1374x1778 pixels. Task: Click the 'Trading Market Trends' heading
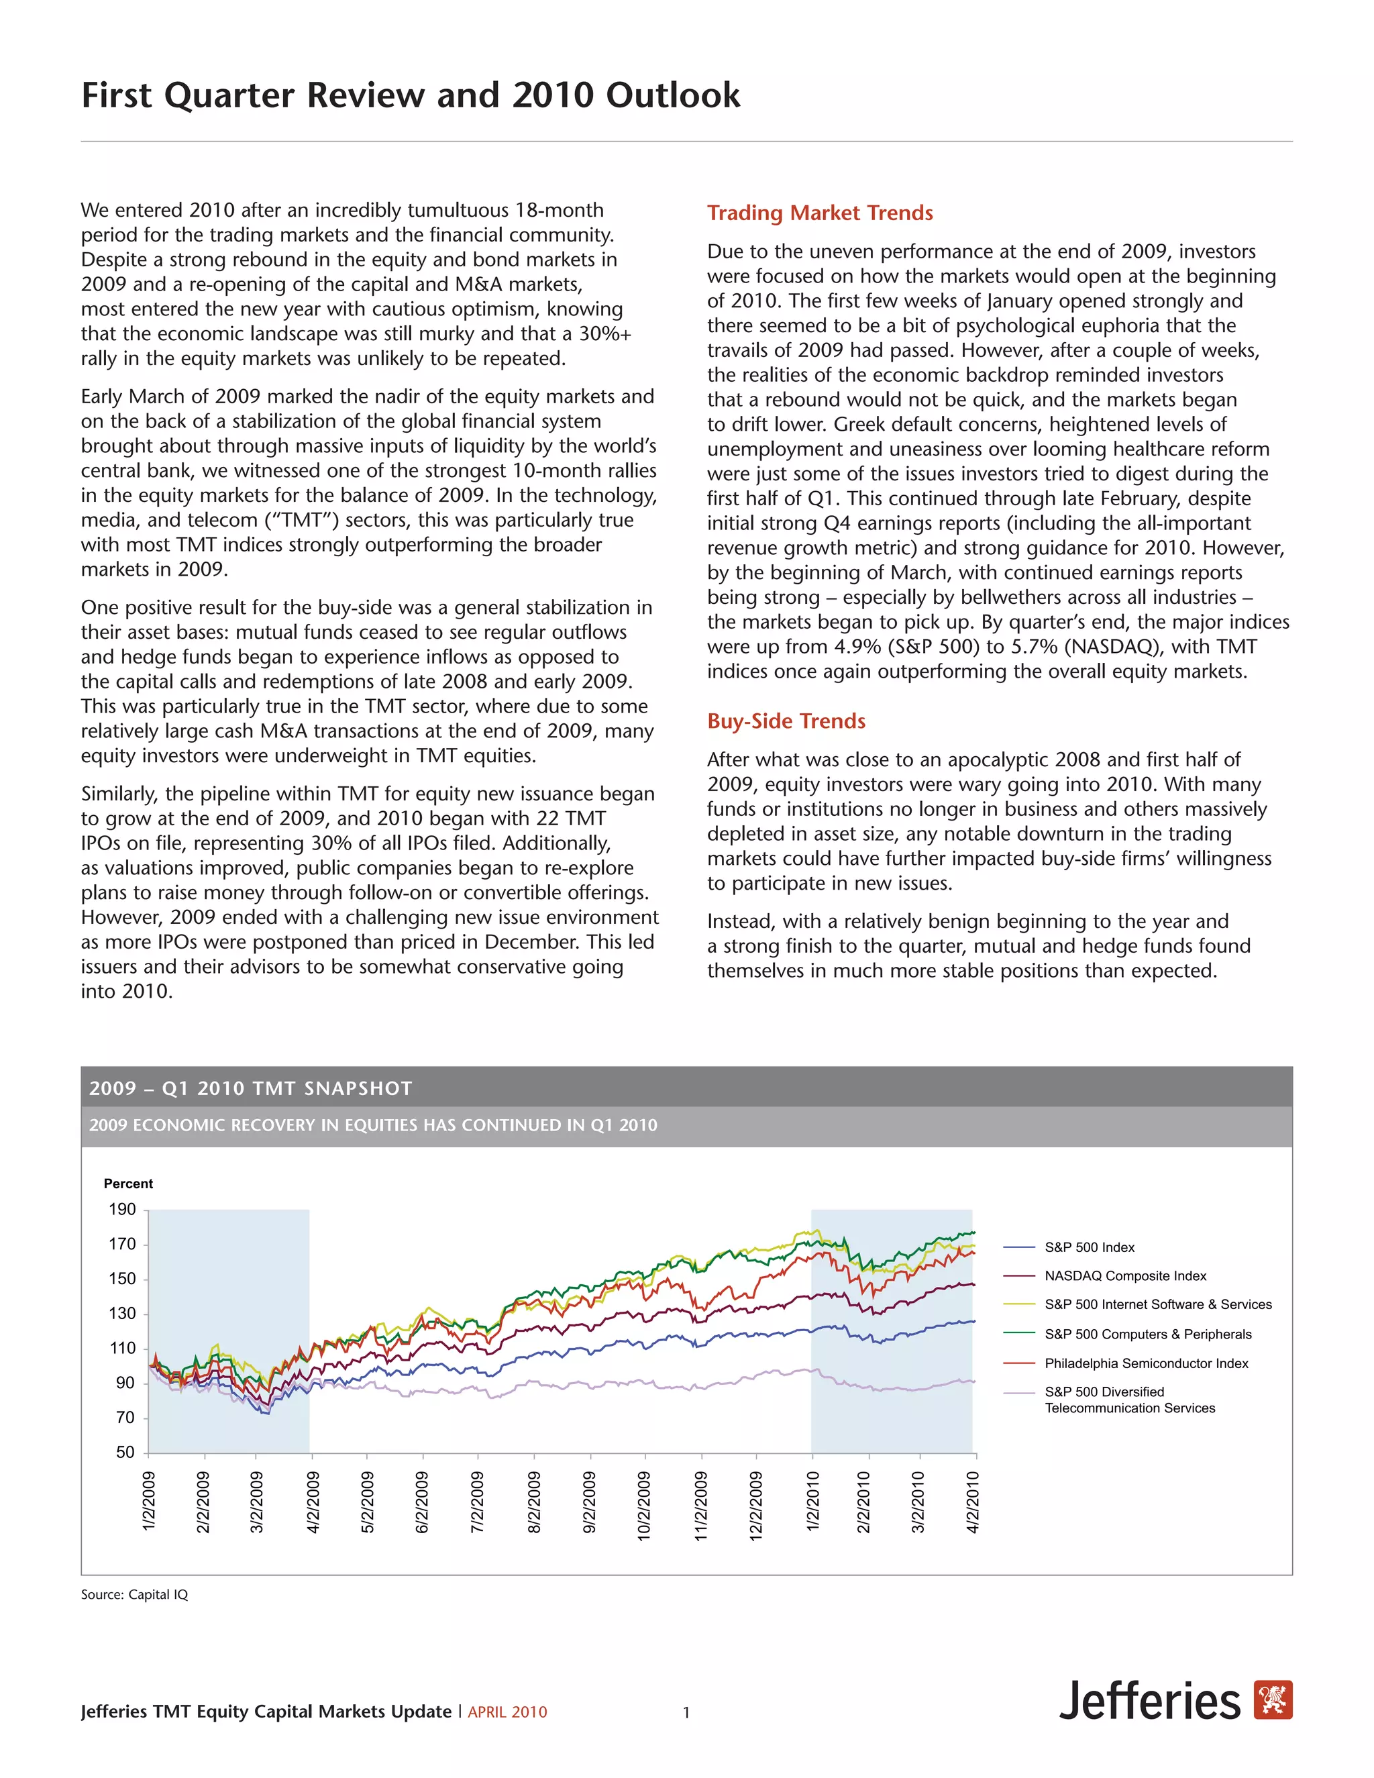click(820, 213)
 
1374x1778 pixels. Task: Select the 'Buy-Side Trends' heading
click(786, 721)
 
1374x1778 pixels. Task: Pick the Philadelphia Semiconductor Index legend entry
click(1145, 1363)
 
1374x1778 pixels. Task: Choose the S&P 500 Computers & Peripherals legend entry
click(1148, 1334)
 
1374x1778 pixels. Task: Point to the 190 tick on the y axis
click(122, 1210)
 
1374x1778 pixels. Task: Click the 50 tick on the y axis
click(125, 1453)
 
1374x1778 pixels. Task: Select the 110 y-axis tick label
click(122, 1348)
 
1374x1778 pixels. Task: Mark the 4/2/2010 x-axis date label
click(973, 1502)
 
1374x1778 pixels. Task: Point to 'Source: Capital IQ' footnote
click(134, 1595)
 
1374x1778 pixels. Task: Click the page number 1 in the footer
click(686, 1712)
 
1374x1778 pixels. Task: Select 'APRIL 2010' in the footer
click(507, 1712)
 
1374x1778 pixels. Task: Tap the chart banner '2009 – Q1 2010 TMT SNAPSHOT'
click(251, 1088)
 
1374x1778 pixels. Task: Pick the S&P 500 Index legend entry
click(1089, 1247)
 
